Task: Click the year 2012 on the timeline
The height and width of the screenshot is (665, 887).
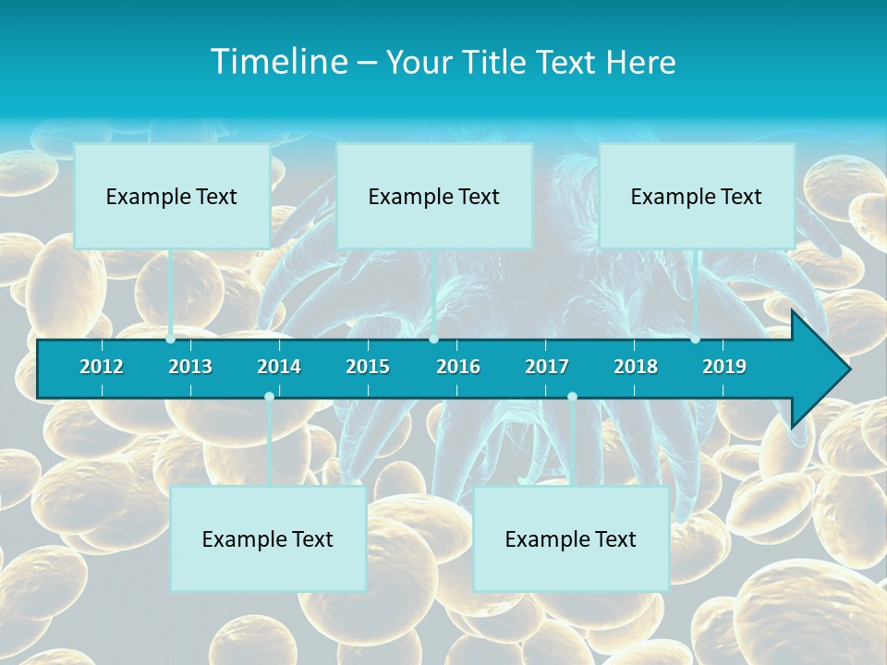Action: pyautogui.click(x=102, y=367)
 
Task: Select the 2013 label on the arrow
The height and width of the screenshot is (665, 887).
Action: pyautogui.click(x=190, y=367)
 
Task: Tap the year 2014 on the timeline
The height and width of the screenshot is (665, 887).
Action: pyautogui.click(x=279, y=367)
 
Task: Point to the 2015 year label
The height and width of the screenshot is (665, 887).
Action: pyautogui.click(x=368, y=367)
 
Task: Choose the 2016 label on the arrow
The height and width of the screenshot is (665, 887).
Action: pyautogui.click(x=458, y=367)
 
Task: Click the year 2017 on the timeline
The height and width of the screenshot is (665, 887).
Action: pyautogui.click(x=547, y=367)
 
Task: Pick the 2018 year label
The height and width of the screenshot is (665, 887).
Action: pyautogui.click(x=636, y=367)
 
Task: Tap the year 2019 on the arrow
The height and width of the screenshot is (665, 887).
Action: pyautogui.click(x=724, y=367)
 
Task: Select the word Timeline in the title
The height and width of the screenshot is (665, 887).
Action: pyautogui.click(x=279, y=62)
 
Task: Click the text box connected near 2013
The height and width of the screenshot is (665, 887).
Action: pyautogui.click(x=172, y=196)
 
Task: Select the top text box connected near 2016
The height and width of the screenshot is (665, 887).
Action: pyautogui.click(x=434, y=196)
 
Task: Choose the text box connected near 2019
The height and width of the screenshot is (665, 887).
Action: pyautogui.click(x=697, y=196)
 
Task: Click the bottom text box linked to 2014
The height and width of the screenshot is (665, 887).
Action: pyautogui.click(x=268, y=538)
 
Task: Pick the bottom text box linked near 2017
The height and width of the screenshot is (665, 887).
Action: pyautogui.click(x=571, y=538)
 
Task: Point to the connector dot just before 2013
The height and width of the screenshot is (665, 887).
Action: pyautogui.click(x=171, y=339)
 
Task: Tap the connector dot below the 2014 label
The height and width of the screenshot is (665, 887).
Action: pyautogui.click(x=269, y=397)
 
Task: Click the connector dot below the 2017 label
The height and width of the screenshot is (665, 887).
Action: pyautogui.click(x=572, y=397)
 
